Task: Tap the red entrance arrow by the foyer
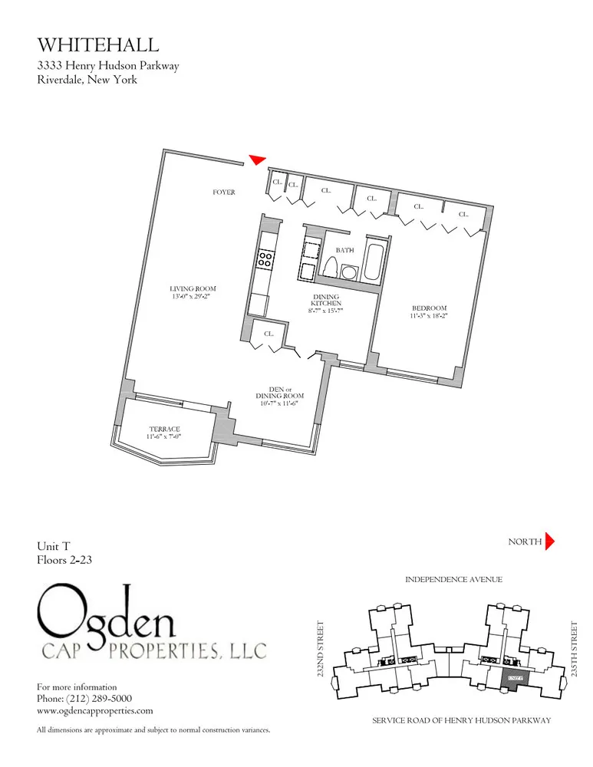pos(257,160)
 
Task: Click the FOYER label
pos(224,192)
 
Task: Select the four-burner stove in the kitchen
pos(265,259)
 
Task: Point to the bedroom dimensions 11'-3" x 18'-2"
pos(429,315)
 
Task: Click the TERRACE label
pos(164,429)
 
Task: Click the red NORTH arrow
pos(549,542)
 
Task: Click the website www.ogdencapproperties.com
pos(95,711)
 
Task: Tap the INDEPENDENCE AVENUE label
pos(453,580)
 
